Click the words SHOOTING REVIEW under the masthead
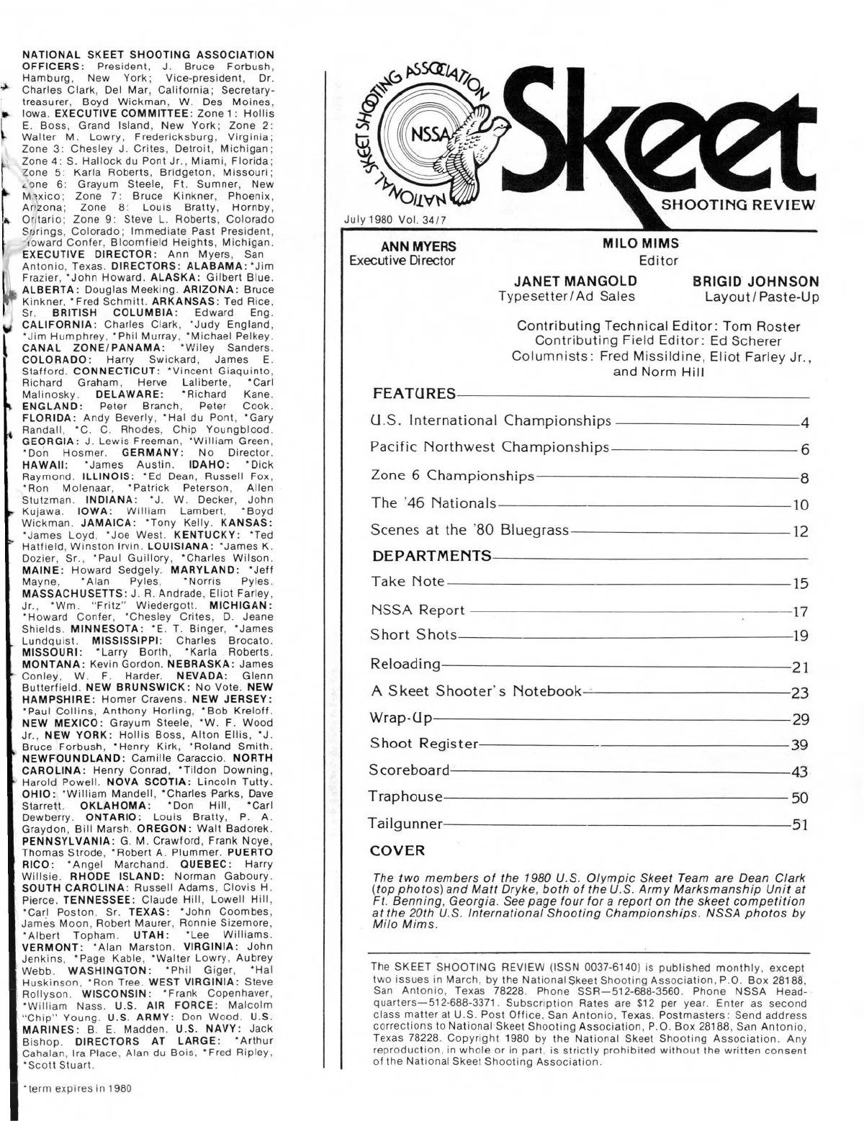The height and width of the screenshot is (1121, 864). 738,204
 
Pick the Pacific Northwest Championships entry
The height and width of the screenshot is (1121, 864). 490,447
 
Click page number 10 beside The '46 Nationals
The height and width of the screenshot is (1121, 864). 800,505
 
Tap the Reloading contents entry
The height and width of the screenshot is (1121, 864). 405,663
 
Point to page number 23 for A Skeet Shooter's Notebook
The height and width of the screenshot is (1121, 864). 800,693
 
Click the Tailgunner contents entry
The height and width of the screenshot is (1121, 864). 405,822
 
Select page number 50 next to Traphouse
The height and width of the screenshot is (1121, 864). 800,798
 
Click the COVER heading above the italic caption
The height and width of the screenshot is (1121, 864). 397,850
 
